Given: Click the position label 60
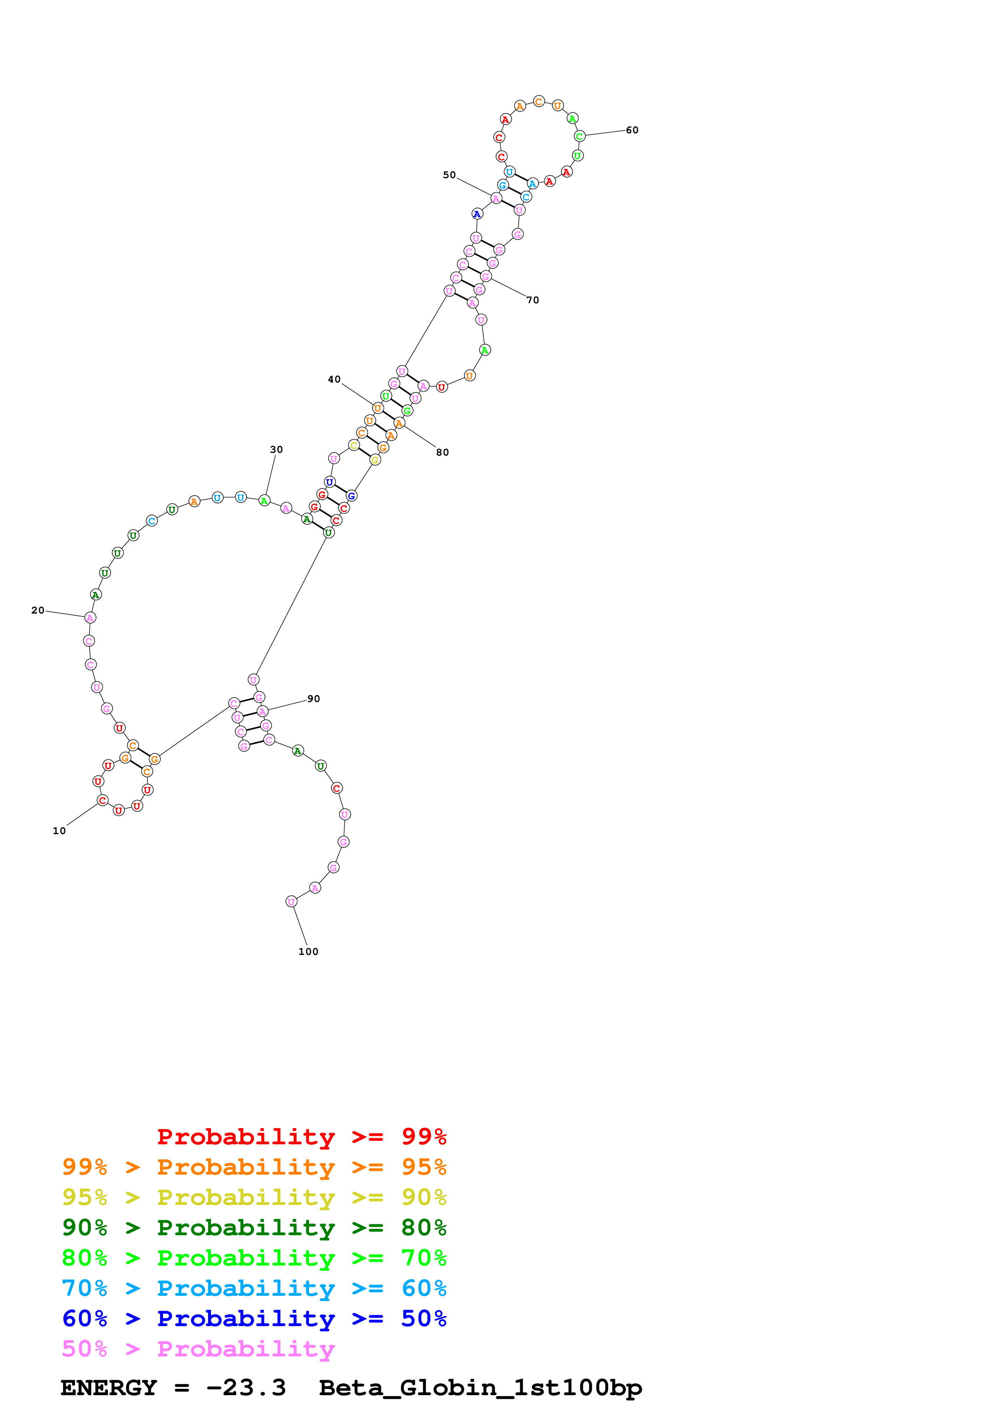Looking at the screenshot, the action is [x=632, y=130].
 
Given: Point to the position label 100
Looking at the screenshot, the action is [x=308, y=952].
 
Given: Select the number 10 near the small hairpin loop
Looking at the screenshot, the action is [x=59, y=831].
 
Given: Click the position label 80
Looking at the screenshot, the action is [x=442, y=452].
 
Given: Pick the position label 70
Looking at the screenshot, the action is [x=533, y=301].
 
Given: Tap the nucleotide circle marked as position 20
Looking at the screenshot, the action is [x=90, y=618].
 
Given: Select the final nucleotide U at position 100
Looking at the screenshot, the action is [x=291, y=902].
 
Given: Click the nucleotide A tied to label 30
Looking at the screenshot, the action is [x=264, y=500].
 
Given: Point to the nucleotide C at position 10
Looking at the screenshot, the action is [x=103, y=801].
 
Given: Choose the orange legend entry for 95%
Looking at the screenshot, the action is [x=254, y=1167].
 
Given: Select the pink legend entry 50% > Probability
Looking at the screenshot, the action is [x=198, y=1348].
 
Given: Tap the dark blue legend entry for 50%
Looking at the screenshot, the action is [x=254, y=1318].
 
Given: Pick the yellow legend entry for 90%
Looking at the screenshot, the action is [x=254, y=1197].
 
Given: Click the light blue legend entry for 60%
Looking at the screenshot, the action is [x=254, y=1288].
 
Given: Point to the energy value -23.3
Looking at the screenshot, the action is [x=246, y=1388].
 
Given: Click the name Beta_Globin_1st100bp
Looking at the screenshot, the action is [x=480, y=1388].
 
